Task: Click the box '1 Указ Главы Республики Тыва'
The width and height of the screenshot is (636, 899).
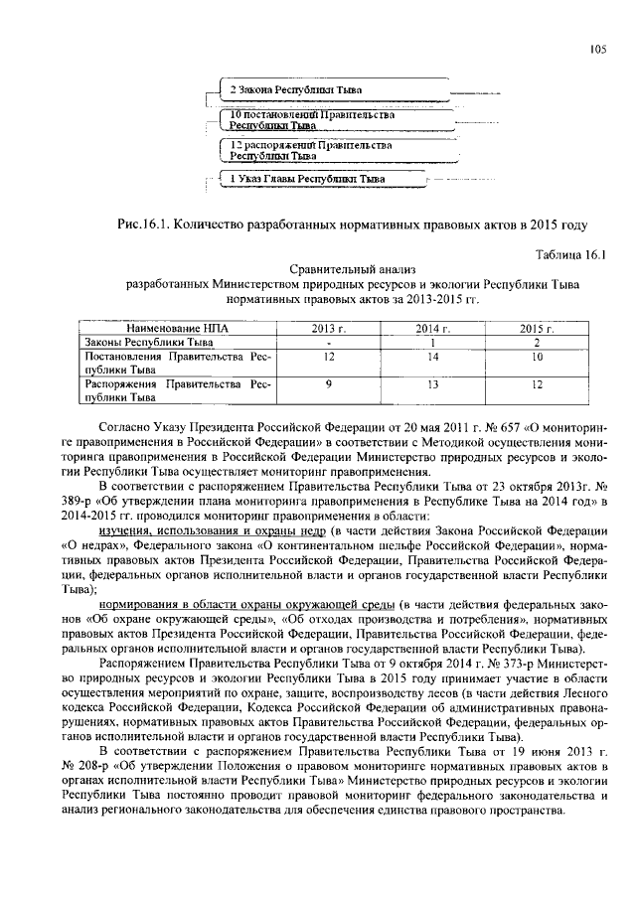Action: [306, 180]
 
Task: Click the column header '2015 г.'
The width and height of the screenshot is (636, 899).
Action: [538, 327]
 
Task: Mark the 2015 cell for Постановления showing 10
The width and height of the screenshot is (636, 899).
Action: [538, 355]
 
